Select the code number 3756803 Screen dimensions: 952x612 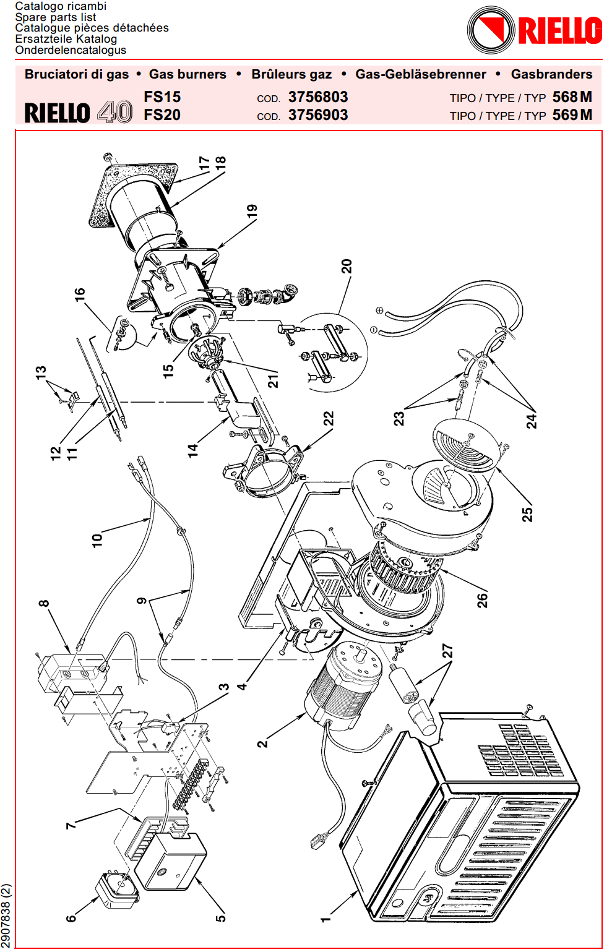(317, 97)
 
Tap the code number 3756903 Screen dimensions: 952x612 (317, 115)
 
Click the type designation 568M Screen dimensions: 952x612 (572, 97)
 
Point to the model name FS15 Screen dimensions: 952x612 (162, 97)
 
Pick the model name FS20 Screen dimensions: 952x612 (162, 115)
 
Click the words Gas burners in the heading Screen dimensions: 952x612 (187, 74)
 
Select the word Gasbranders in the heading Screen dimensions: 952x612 (551, 74)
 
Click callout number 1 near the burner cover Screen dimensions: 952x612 (325, 919)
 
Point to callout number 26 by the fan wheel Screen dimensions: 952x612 (482, 599)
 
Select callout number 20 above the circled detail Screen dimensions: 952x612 (347, 267)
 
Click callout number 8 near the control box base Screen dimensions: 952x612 (43, 604)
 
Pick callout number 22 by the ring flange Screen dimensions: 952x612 (329, 419)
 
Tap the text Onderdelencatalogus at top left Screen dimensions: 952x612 (71, 50)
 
